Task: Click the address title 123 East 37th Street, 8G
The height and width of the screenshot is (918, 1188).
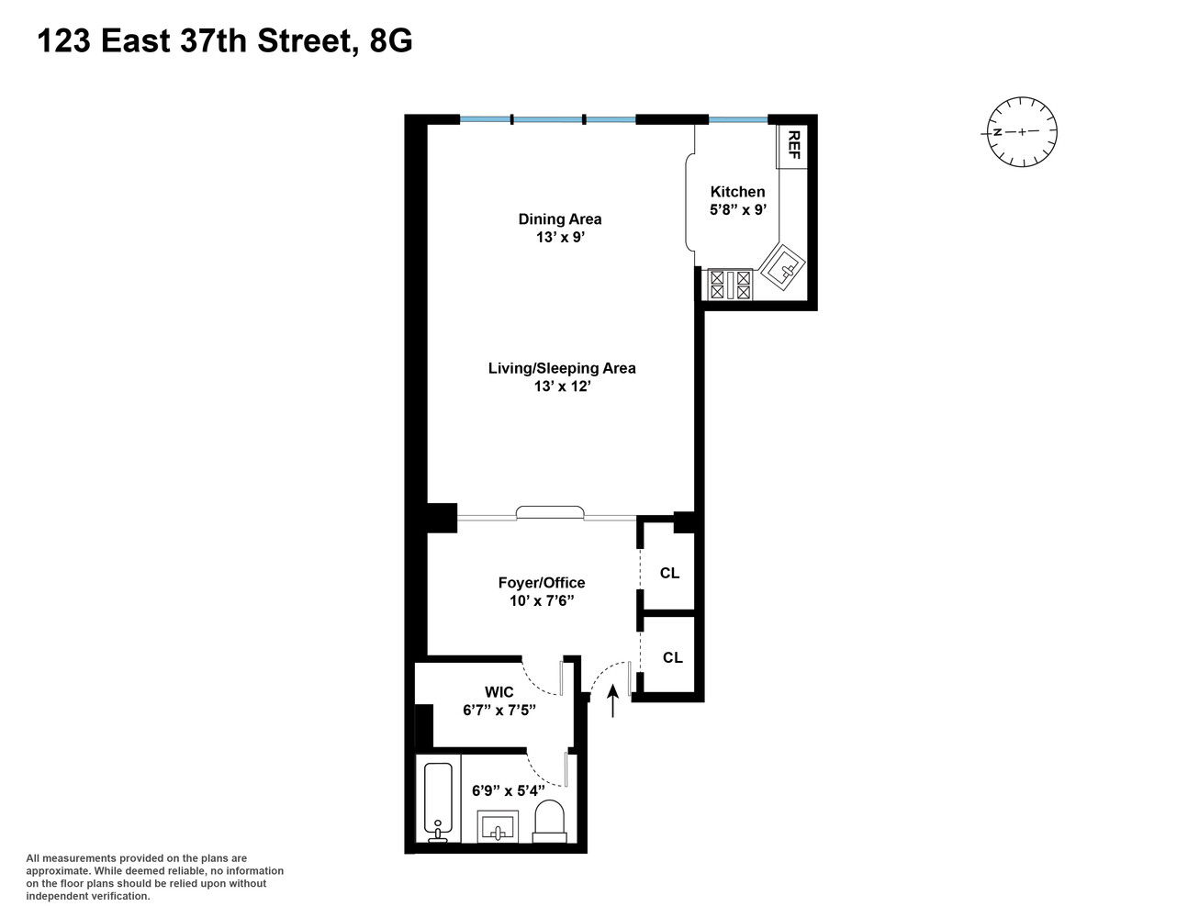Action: click(225, 41)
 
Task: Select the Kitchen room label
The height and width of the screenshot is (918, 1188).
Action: click(737, 192)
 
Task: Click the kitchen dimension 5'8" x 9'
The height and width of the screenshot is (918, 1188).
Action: click(737, 209)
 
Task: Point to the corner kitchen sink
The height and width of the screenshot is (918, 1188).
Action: click(782, 268)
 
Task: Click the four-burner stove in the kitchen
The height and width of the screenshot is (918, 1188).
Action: click(730, 284)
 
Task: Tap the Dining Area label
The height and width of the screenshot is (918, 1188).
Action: click(560, 218)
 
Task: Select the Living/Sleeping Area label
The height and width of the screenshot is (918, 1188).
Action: click(562, 368)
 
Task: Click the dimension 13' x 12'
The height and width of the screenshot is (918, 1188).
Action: click(562, 386)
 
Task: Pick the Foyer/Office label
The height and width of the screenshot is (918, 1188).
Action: click(542, 583)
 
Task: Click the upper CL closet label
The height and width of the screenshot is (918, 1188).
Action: click(670, 573)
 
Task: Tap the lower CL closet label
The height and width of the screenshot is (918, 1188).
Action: click(673, 657)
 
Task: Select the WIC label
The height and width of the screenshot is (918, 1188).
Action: click(499, 692)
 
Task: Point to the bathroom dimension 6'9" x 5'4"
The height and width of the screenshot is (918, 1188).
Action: click(509, 790)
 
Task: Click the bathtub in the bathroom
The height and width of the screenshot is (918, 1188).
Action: click(438, 801)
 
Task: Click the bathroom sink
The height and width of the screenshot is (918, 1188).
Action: click(499, 825)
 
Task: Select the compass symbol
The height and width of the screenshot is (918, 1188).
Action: click(1022, 132)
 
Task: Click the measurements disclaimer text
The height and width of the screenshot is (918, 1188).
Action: click(154, 877)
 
